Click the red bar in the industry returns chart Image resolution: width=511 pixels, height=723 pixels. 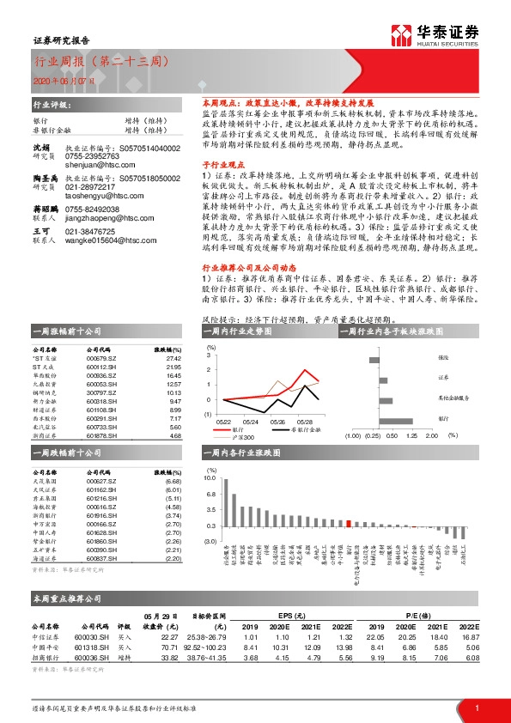click(x=350, y=520)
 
